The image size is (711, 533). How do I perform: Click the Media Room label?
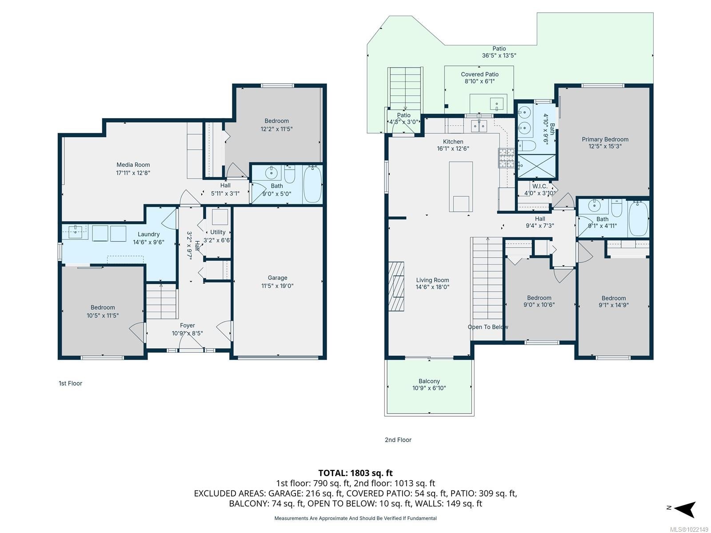[133, 165]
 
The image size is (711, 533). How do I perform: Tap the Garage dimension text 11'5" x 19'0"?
[277, 286]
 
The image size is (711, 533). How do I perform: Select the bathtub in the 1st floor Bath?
[312, 184]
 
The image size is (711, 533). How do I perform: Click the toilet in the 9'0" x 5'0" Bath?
[289, 175]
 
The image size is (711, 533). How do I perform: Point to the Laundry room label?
[148, 234]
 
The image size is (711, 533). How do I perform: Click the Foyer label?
[187, 326]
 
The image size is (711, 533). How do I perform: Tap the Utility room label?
[218, 232]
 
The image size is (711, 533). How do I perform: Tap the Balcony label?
[429, 381]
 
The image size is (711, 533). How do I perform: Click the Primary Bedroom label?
[605, 139]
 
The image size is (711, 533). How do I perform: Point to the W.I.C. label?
[539, 186]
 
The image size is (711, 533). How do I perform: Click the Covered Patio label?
[479, 74]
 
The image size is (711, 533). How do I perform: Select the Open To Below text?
[487, 327]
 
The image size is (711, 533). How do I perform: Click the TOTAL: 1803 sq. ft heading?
[355, 473]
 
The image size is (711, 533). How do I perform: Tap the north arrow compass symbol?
[686, 509]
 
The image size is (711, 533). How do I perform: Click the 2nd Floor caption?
[398, 440]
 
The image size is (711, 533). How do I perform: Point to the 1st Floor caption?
[70, 383]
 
